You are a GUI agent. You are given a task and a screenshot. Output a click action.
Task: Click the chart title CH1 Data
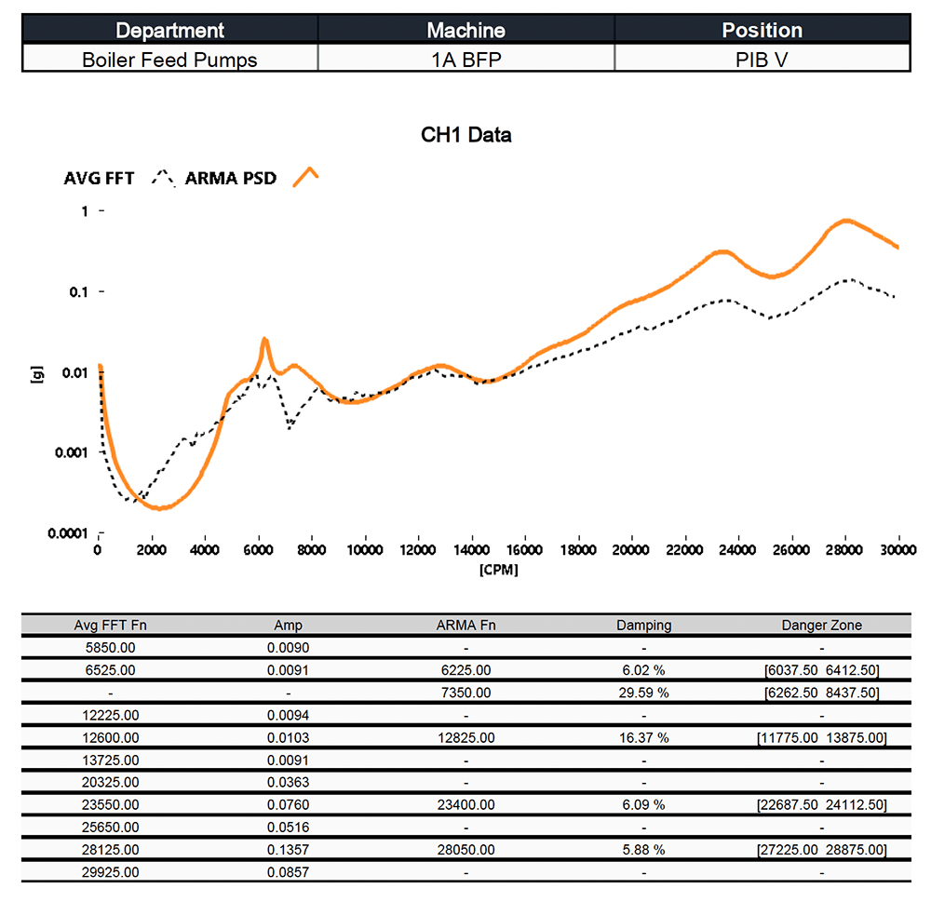[x=465, y=135]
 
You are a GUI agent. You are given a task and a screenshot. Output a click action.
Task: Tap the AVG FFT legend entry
[x=98, y=178]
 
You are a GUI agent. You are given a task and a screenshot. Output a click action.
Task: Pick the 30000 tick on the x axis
[x=898, y=551]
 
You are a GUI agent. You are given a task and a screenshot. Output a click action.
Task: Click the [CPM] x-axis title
[x=498, y=570]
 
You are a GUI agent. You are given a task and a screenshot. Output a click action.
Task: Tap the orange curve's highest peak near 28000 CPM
[x=845, y=221]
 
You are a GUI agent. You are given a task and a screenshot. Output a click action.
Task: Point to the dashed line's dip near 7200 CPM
[x=290, y=427]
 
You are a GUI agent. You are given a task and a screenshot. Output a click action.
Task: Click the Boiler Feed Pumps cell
[x=169, y=60]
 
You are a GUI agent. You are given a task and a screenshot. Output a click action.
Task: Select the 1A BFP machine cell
[x=465, y=60]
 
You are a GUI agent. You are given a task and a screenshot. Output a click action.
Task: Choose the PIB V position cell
[x=762, y=60]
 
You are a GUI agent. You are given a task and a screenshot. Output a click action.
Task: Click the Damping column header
[x=643, y=626]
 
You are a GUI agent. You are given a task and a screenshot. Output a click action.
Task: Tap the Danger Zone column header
[x=821, y=626]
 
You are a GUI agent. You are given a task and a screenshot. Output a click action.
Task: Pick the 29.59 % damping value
[x=643, y=693]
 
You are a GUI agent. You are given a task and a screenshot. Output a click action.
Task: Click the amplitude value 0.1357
[x=289, y=850]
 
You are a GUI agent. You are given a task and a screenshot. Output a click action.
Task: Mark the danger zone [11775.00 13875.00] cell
[x=821, y=737]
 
